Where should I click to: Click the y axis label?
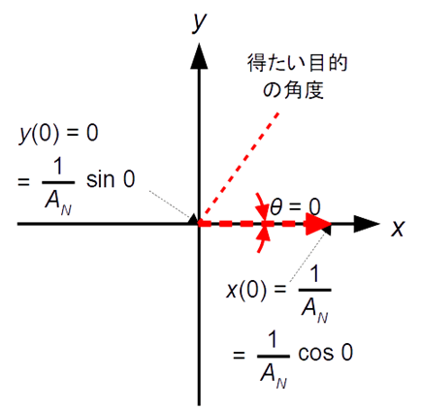(198, 22)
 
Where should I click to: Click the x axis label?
(398, 229)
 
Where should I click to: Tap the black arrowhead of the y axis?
(199, 55)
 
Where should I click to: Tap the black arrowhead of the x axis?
(367, 224)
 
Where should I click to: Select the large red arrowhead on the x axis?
(318, 224)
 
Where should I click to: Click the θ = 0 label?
(295, 207)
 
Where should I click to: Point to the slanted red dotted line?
(240, 166)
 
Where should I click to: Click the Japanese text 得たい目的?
(298, 63)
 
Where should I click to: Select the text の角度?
(293, 89)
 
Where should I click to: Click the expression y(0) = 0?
(58, 133)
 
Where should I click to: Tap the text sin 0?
(111, 179)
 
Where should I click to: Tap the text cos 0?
(325, 353)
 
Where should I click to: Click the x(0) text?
(246, 291)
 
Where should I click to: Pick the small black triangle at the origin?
(193, 219)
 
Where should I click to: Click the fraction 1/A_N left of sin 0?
(58, 186)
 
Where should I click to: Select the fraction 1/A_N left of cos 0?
(274, 360)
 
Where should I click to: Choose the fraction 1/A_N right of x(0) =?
(314, 295)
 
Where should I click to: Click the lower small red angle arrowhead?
(265, 234)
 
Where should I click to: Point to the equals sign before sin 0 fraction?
(23, 182)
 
